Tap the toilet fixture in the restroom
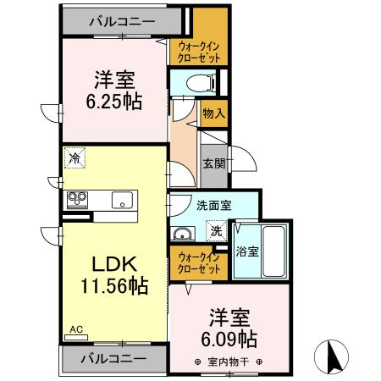click(196, 83)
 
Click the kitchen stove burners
click(79, 200)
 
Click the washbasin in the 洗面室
click(181, 234)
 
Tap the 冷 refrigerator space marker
click(75, 158)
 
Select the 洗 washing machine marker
click(216, 230)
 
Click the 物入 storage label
click(213, 112)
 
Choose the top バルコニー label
click(119, 19)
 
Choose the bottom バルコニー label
click(113, 358)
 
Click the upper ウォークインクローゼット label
click(199, 52)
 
